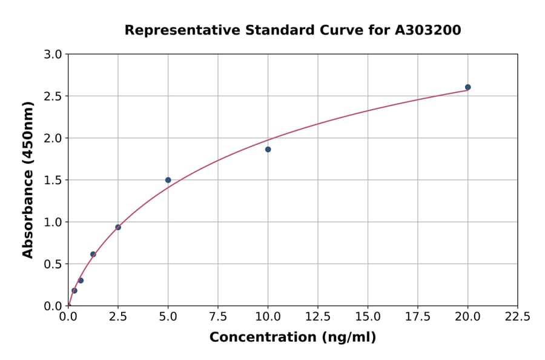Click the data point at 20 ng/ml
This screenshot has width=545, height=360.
pos(467,87)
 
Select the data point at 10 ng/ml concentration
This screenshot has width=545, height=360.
pos(268,149)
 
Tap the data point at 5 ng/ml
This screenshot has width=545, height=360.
pos(168,180)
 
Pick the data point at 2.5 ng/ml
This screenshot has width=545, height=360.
pos(118,227)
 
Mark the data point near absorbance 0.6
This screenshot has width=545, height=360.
pos(93,255)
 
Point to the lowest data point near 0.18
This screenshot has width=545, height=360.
pos(74,290)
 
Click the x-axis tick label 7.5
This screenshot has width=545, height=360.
pos(218,317)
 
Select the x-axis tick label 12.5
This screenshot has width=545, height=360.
pos(318,317)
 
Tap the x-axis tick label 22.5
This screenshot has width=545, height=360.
pos(518,317)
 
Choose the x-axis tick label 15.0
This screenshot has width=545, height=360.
pos(368,317)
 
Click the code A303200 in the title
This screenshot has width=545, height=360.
pos(428,30)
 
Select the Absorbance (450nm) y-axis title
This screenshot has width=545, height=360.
pos(28,179)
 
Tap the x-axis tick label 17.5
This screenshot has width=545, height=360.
pos(418,317)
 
